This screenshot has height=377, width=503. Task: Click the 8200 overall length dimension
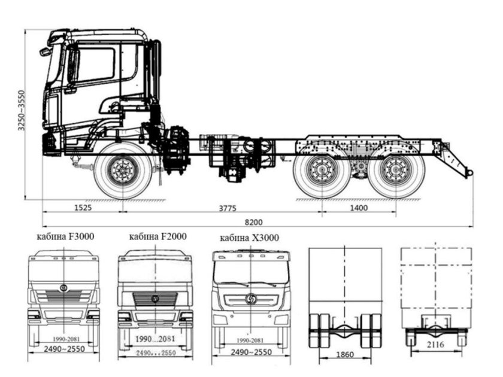pyautogui.click(x=253, y=221)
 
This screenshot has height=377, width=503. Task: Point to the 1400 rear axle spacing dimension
pyautogui.click(x=359, y=208)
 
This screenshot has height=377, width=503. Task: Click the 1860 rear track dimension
pyautogui.click(x=345, y=355)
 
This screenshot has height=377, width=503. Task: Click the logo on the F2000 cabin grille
pyautogui.click(x=154, y=298)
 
